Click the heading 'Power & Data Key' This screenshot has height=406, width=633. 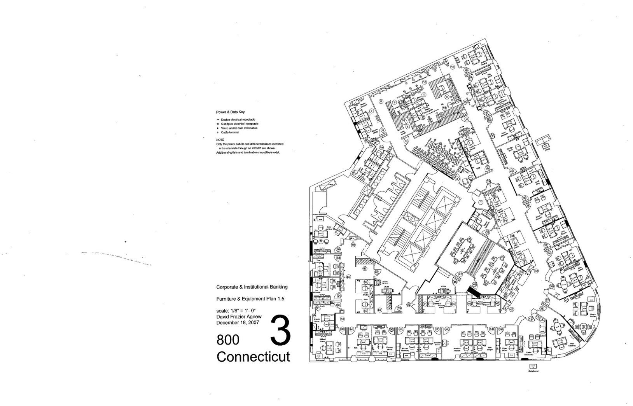[x=231, y=112]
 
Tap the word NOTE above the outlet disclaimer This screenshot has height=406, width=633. [x=220, y=139]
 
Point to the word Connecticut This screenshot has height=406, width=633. [x=253, y=356]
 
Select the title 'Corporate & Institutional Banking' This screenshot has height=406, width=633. [x=252, y=287]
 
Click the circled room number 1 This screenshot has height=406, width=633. [x=481, y=202]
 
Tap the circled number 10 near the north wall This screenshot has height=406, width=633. [x=424, y=82]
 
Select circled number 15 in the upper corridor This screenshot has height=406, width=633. [x=453, y=66]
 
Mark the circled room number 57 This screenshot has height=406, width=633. [x=379, y=310]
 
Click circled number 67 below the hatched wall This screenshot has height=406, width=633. [x=365, y=269]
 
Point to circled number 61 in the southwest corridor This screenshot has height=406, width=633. [x=342, y=319]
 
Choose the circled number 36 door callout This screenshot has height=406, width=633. [x=551, y=287]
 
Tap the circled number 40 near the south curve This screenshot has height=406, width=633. [x=530, y=319]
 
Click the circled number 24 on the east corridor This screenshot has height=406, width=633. [x=512, y=171]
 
